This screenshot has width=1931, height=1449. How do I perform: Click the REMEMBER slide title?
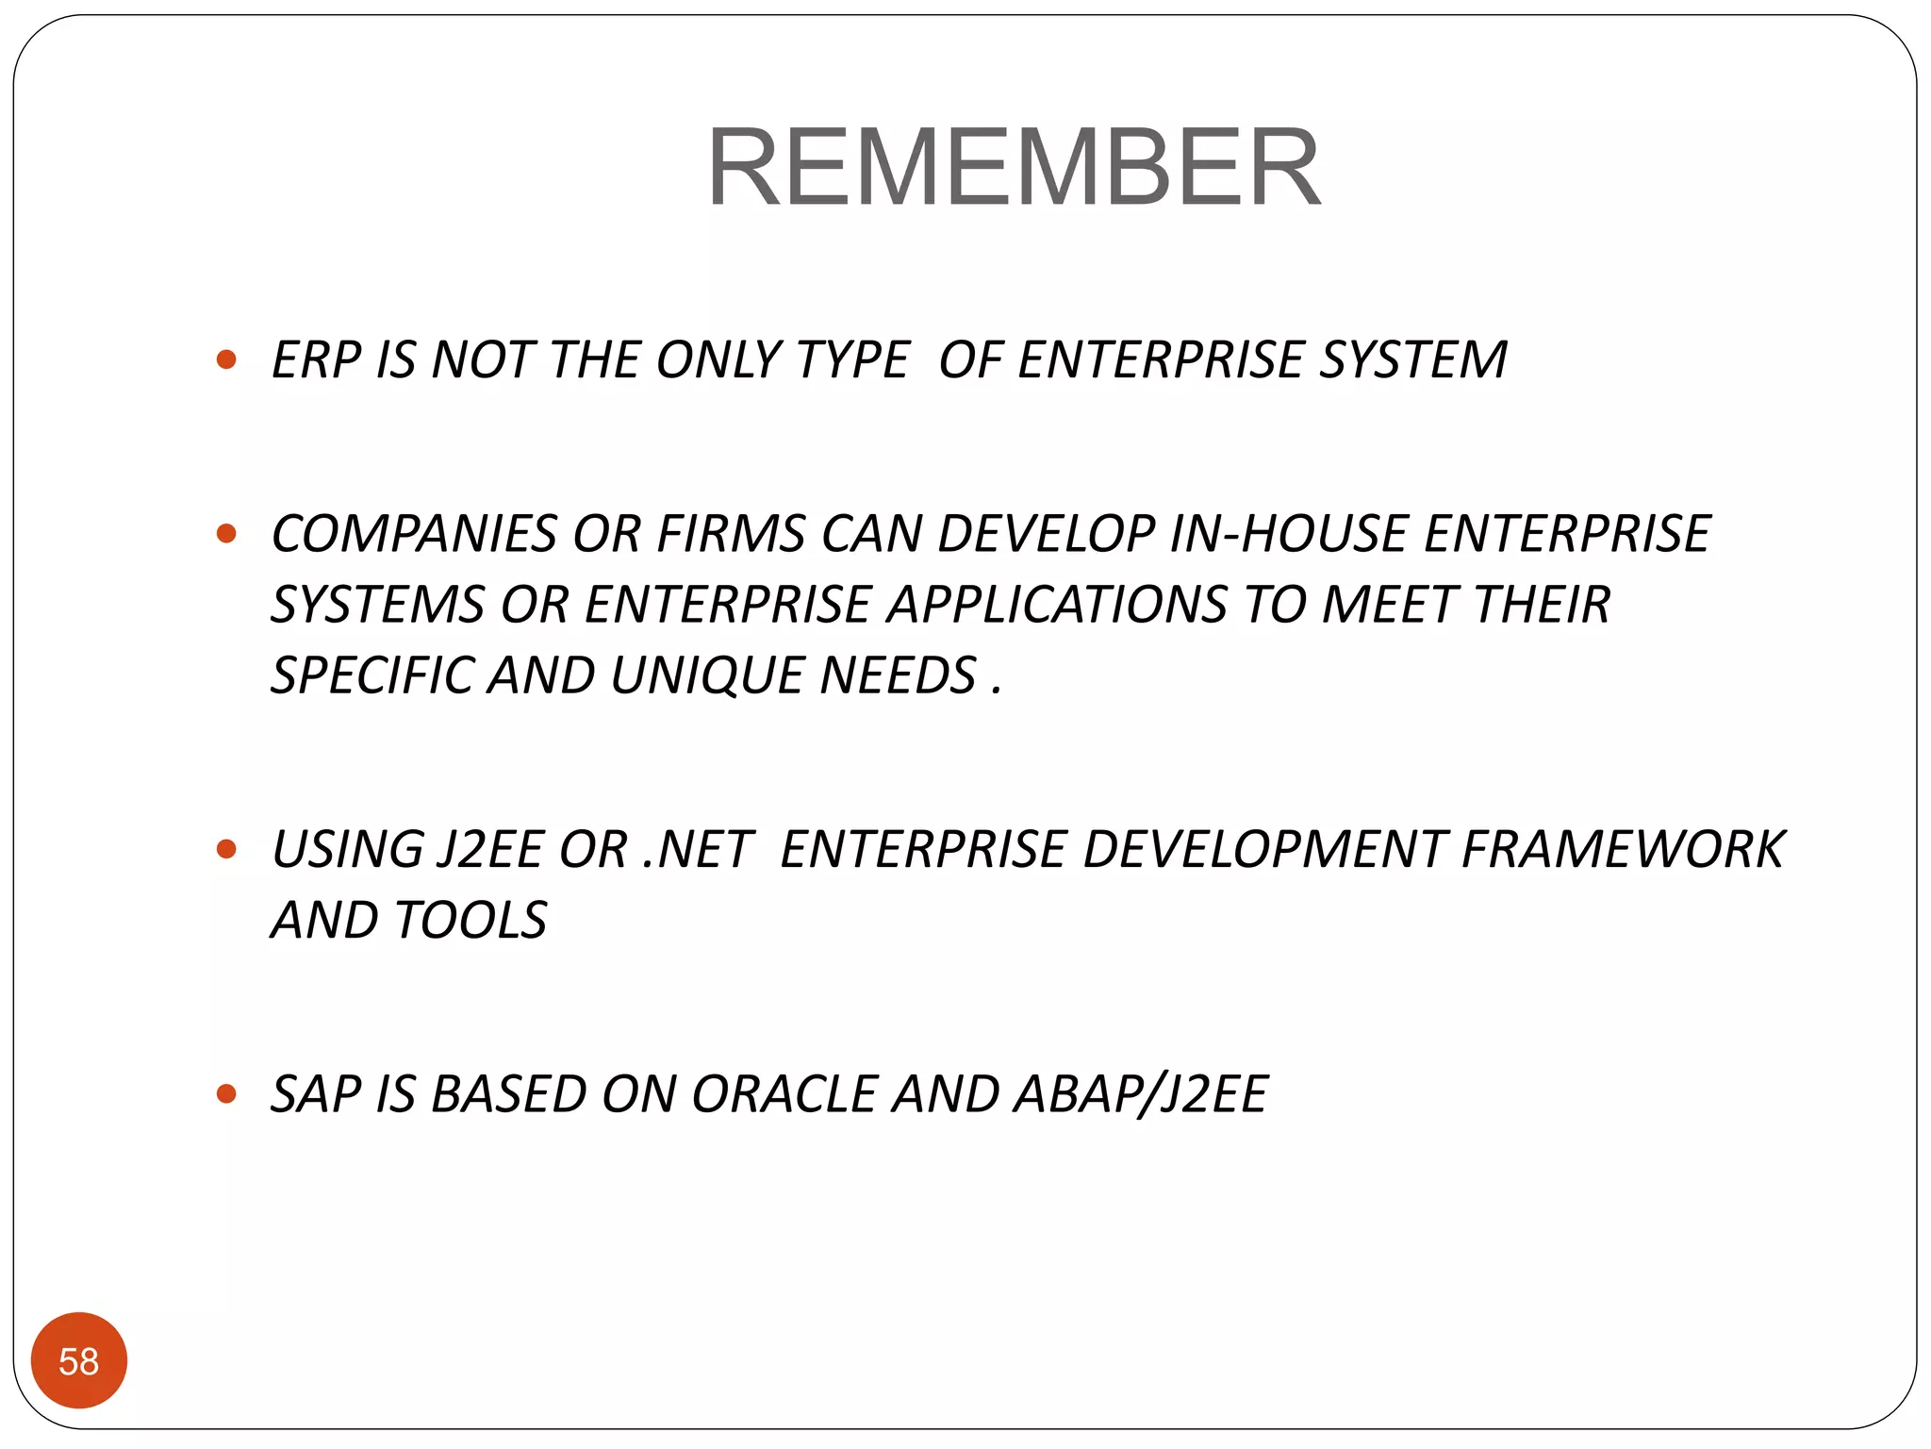tap(1014, 168)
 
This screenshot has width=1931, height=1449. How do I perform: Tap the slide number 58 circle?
tap(79, 1360)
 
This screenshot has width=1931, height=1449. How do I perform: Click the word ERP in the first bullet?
tap(316, 360)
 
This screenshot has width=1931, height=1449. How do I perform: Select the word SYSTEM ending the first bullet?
tap(1411, 360)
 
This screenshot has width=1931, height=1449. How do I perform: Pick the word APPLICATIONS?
tap(1056, 605)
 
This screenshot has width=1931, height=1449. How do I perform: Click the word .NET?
tap(696, 849)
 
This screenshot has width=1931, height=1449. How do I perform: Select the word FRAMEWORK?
tap(1622, 849)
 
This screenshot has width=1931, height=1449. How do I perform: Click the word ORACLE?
tap(784, 1094)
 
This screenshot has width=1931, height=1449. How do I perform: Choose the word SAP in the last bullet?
tap(316, 1094)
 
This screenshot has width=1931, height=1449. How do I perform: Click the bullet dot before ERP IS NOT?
tap(226, 359)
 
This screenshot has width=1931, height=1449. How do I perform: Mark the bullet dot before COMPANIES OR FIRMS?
tap(226, 534)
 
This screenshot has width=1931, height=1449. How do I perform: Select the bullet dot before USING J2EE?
tap(226, 849)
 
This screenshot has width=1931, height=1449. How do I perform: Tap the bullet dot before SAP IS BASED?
tap(226, 1094)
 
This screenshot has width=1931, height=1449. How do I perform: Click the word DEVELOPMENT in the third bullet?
tap(1263, 849)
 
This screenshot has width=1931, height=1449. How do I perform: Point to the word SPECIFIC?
tap(371, 675)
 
